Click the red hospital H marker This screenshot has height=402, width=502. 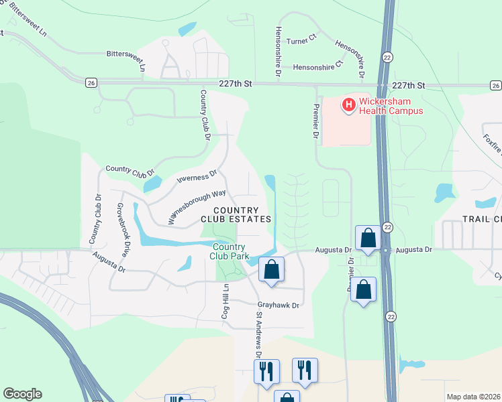[x=348, y=105]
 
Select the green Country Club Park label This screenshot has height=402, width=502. [x=230, y=251]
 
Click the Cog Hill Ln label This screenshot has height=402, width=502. [x=226, y=301]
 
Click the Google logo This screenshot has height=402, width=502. [x=22, y=394]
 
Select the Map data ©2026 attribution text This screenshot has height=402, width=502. [x=473, y=397]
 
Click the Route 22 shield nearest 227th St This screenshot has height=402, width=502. [x=387, y=57]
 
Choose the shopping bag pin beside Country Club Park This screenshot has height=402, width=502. [x=272, y=270]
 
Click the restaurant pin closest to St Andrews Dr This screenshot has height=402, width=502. [x=266, y=371]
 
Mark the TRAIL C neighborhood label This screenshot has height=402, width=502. [x=482, y=219]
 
